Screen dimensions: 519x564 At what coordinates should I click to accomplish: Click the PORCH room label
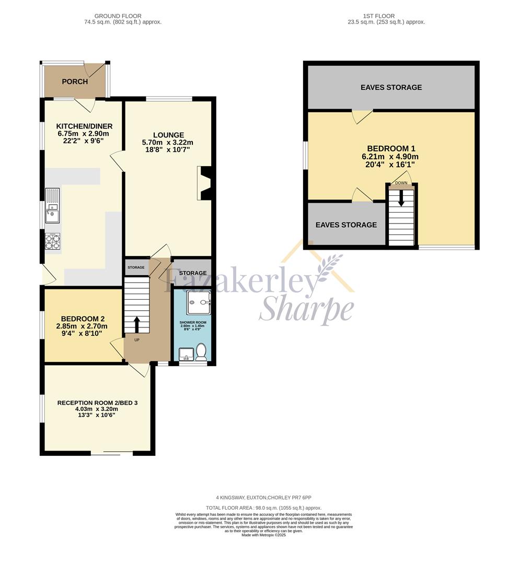(75, 81)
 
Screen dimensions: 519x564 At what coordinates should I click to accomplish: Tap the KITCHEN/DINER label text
(84, 126)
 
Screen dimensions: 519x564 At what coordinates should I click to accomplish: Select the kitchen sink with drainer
(52, 206)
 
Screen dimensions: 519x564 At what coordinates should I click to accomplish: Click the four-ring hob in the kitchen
(53, 241)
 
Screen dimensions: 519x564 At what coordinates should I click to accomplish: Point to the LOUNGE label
(168, 135)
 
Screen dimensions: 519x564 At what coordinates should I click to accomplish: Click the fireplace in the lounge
(204, 183)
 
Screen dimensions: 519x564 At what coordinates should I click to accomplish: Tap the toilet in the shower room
(201, 352)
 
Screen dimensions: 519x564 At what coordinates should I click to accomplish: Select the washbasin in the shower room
(187, 354)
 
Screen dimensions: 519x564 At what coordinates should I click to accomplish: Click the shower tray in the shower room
(198, 303)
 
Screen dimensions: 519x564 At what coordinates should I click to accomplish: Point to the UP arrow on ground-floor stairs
(137, 324)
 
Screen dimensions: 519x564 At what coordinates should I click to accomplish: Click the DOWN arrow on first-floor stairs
(401, 198)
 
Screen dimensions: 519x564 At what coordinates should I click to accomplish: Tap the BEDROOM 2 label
(83, 319)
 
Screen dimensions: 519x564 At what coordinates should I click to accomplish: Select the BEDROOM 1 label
(391, 148)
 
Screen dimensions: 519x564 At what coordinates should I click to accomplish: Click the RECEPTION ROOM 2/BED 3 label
(98, 403)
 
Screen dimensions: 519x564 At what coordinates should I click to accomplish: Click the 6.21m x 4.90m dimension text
(390, 157)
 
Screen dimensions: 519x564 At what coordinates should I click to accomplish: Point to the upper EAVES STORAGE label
(391, 87)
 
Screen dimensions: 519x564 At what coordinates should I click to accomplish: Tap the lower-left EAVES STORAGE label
(346, 225)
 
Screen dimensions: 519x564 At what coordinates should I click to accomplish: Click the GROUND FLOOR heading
(118, 16)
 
